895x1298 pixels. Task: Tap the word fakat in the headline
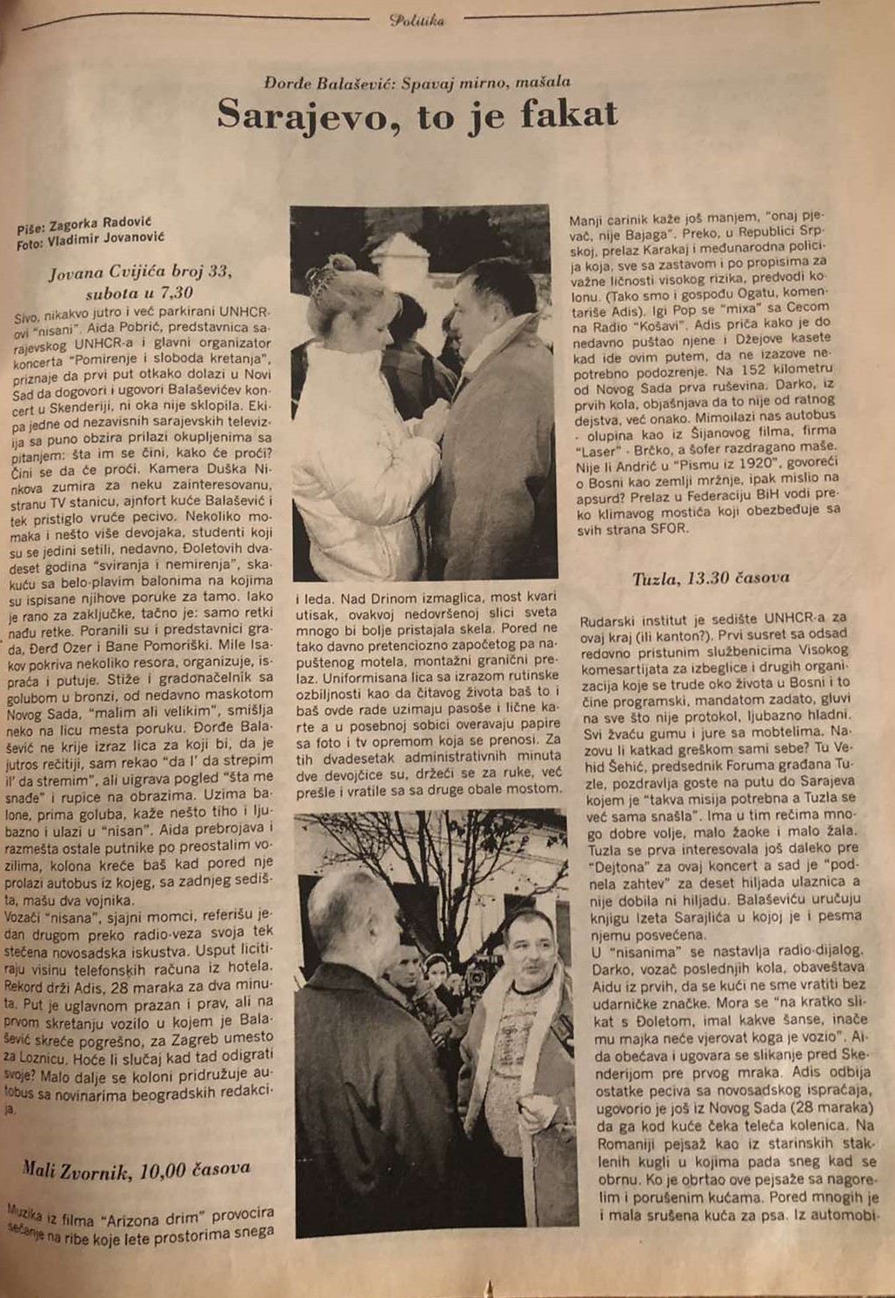pos(566,113)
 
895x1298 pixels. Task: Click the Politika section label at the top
pos(417,20)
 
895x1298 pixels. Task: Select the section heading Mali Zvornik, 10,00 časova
pos(137,1170)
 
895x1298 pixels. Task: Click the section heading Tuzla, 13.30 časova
pos(711,578)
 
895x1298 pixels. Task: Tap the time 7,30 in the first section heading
pos(175,292)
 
